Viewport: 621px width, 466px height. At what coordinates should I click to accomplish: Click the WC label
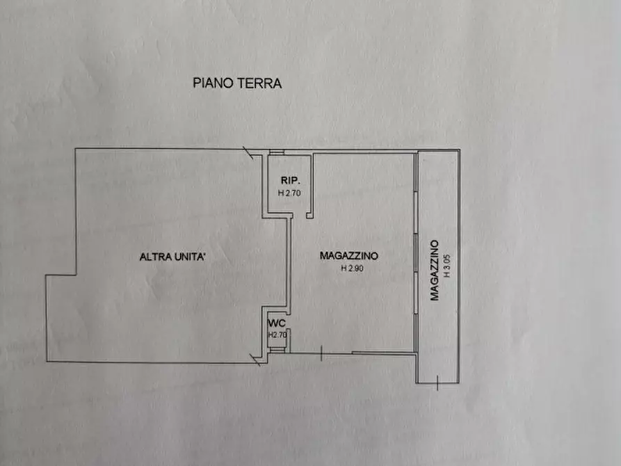pos(277,323)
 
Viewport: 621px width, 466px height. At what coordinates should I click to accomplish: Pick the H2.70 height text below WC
pos(277,335)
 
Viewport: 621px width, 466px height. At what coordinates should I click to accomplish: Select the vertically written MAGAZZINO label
pos(434,270)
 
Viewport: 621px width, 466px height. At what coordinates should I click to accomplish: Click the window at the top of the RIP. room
pos(277,153)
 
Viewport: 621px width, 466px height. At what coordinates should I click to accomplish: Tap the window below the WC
pos(277,351)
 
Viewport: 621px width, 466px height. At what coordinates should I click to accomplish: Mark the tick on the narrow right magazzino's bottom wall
pos(436,381)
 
